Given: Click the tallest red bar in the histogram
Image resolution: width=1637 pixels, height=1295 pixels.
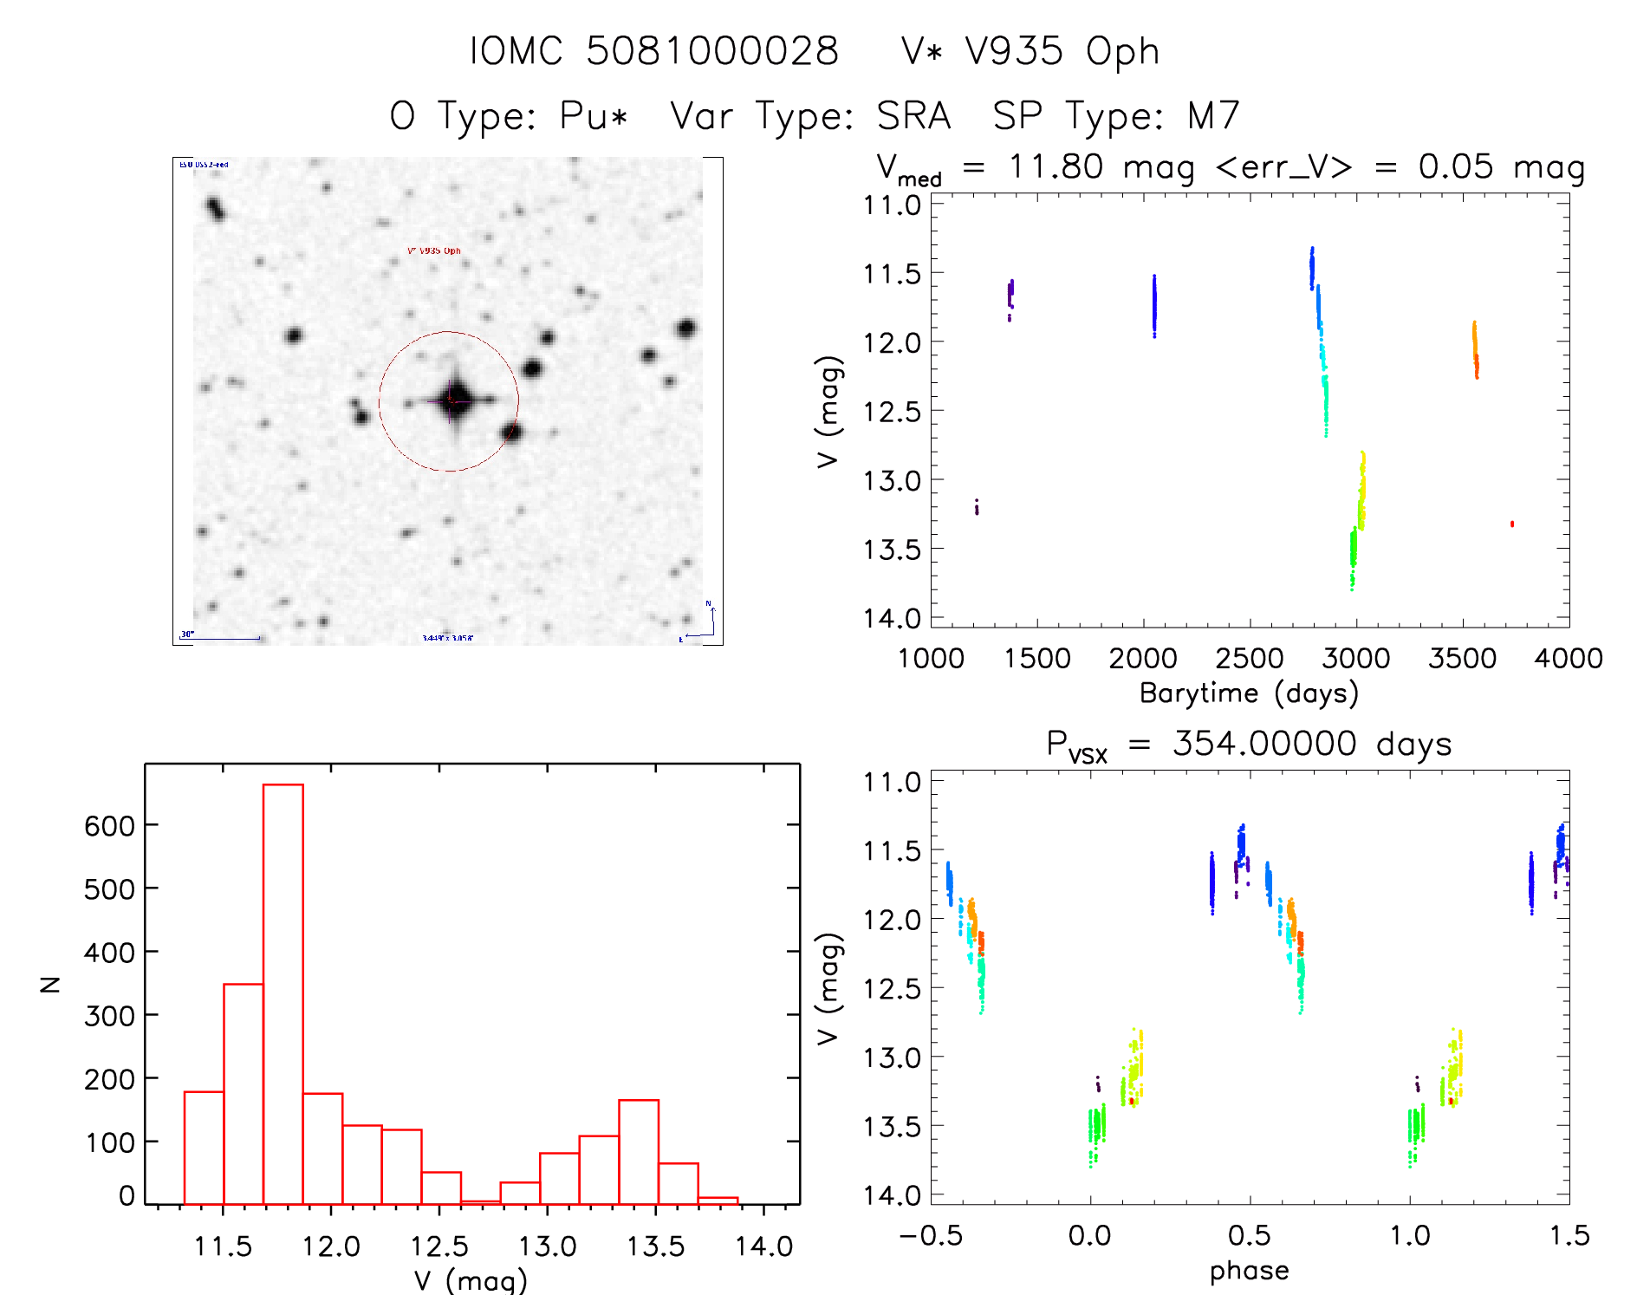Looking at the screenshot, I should click(283, 992).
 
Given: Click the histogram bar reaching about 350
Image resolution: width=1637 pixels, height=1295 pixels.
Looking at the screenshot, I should click(244, 1092).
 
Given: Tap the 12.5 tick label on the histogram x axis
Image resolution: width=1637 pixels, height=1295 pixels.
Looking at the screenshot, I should click(439, 1246).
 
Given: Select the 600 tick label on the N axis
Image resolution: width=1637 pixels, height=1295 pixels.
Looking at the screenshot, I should click(109, 825).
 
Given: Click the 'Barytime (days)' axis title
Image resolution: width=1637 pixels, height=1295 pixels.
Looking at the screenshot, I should click(1249, 693).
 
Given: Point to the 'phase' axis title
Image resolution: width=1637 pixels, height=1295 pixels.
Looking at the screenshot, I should click(1249, 1271).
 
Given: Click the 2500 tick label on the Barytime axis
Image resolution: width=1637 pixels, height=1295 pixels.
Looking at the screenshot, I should click(1249, 659).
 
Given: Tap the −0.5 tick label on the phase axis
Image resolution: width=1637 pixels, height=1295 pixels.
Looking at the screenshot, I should click(931, 1236).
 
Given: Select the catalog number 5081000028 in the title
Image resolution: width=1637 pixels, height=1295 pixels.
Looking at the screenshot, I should click(712, 51).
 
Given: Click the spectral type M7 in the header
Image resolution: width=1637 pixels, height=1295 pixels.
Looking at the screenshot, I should click(1213, 116).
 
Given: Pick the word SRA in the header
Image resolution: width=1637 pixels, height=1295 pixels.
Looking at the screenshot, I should click(913, 116).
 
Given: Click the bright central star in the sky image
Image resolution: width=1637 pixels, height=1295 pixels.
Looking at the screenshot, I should click(452, 400).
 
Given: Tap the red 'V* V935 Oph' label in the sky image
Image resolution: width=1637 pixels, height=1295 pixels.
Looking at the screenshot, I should click(434, 251).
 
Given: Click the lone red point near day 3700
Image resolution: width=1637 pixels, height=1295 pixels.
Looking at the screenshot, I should click(1512, 524).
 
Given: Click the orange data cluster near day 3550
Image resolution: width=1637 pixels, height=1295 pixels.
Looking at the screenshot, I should click(1475, 349).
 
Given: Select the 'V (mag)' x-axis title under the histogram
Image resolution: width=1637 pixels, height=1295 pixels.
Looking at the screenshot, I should click(471, 1280).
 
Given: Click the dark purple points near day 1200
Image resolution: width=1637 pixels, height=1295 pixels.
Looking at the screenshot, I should click(977, 506).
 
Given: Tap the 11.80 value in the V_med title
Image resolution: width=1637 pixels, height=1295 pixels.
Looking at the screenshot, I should click(1056, 166).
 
